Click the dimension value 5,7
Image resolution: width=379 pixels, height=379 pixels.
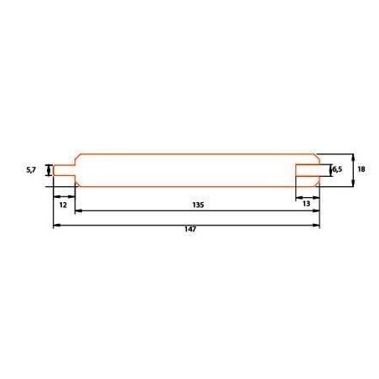(31, 169)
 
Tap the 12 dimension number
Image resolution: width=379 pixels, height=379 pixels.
(63, 204)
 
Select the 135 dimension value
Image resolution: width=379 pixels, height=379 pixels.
(199, 204)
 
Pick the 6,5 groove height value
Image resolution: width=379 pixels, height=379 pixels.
(337, 170)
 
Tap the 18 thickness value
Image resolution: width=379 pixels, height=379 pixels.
(361, 169)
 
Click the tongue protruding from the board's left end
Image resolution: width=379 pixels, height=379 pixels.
(64, 170)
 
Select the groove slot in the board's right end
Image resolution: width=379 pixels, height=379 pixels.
(309, 170)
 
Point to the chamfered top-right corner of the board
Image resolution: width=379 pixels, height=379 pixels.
(316, 157)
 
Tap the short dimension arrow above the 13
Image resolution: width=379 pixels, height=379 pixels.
(308, 196)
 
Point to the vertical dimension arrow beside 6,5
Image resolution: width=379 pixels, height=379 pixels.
(329, 170)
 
